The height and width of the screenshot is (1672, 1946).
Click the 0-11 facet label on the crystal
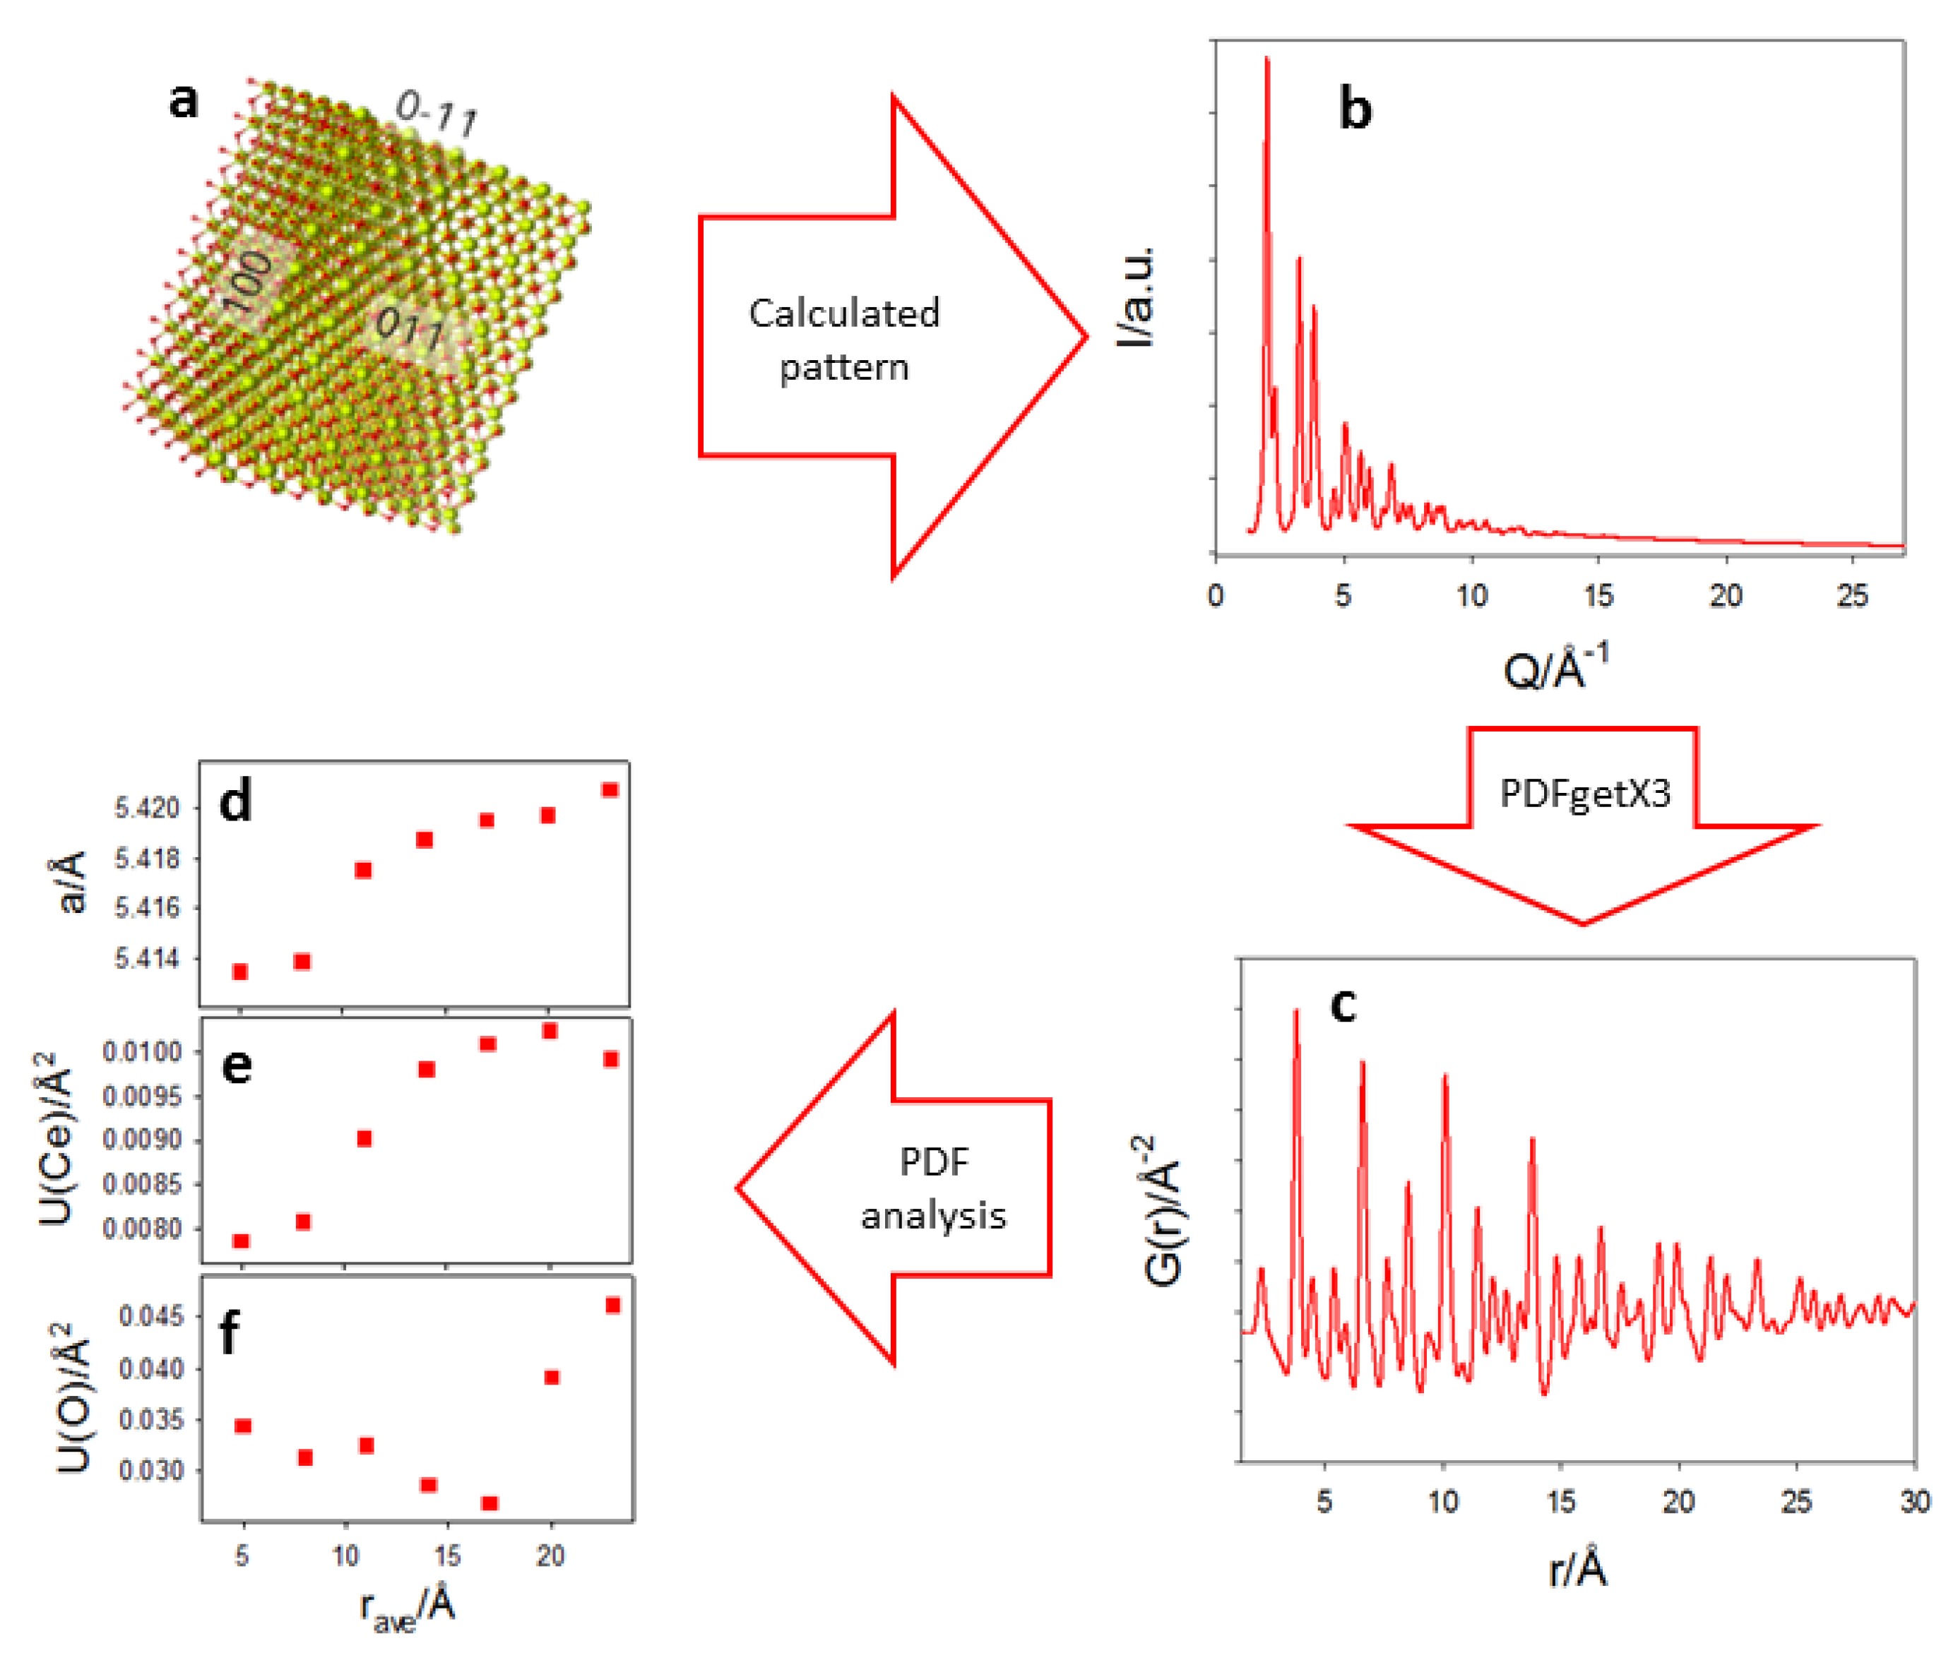pyautogui.click(x=437, y=114)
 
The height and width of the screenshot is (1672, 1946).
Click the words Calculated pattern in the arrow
pyautogui.click(x=843, y=339)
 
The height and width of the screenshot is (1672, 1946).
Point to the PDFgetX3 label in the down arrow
pyautogui.click(x=1584, y=794)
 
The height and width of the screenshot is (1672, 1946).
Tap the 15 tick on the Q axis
pyautogui.click(x=1598, y=595)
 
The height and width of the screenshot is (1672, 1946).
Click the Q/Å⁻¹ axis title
pyautogui.click(x=1555, y=669)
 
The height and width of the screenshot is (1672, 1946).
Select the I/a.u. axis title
pyautogui.click(x=1137, y=297)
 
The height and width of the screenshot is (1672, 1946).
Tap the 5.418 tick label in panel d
pyautogui.click(x=146, y=858)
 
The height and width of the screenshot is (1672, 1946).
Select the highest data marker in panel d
pyautogui.click(x=610, y=789)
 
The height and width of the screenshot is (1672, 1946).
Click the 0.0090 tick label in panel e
pyautogui.click(x=143, y=1140)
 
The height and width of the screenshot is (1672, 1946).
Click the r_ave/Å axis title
pyautogui.click(x=408, y=1606)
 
